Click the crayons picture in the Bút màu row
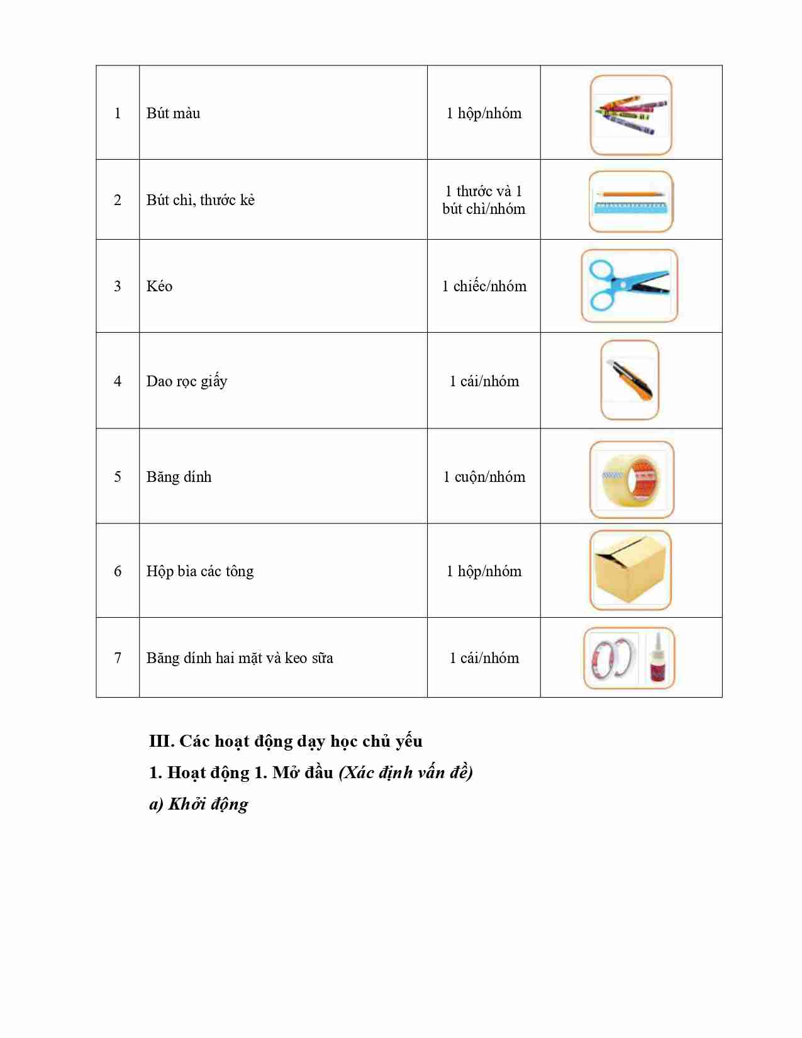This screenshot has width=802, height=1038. pos(631,114)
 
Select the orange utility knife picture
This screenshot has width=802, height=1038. pos(629,380)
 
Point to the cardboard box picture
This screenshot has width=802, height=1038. pos(630,570)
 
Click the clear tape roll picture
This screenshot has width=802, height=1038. pos(631,479)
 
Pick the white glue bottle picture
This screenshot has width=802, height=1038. pos(657,657)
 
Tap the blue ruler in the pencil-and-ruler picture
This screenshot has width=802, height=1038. pos(630,207)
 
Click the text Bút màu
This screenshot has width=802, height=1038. pos(173,113)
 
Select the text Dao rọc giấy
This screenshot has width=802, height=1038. pos(187,381)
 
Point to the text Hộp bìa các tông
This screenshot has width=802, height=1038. pos(200,571)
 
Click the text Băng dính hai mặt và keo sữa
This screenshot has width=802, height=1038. pos(240,658)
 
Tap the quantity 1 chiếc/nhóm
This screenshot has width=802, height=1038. pos(484,286)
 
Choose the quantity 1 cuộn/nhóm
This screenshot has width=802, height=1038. pos(484,477)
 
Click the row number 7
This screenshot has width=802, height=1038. pos(118,658)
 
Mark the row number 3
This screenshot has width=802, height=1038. pos(118,286)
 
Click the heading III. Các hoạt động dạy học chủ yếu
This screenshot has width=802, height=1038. pos(286,741)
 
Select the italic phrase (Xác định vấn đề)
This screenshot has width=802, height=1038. pos(406,773)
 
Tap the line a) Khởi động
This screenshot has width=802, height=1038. pos(199,804)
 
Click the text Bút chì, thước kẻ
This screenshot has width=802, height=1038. pos(201,200)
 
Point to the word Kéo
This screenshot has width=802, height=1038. pos(159,286)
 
